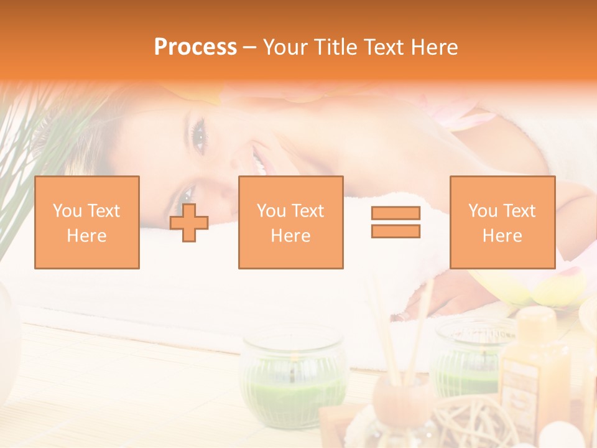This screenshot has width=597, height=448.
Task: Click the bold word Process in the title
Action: (x=195, y=47)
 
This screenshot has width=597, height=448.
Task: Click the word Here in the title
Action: (x=433, y=47)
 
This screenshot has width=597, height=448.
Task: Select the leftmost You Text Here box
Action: (x=87, y=223)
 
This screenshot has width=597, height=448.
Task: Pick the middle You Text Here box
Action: (x=291, y=223)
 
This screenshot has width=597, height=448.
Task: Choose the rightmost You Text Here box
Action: (x=502, y=223)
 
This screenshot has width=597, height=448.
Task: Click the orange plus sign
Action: (x=189, y=223)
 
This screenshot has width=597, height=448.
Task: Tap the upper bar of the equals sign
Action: (x=396, y=213)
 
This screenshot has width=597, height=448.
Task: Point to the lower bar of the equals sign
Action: (x=396, y=231)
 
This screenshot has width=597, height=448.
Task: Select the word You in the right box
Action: (x=483, y=211)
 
